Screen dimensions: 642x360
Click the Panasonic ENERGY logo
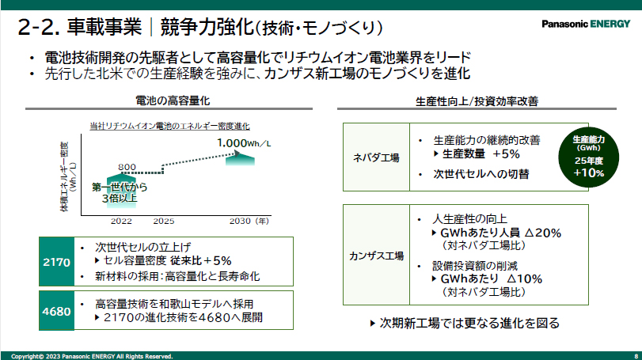(586, 25)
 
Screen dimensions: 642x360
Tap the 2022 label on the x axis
(121, 222)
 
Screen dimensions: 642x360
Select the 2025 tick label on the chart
(164, 222)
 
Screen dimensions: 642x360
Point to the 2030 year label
(240, 222)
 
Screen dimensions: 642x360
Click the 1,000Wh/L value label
(244, 143)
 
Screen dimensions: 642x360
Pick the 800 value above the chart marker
(127, 167)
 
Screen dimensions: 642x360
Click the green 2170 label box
(56, 261)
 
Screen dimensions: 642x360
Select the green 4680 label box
(56, 310)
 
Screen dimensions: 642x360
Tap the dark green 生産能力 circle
(588, 157)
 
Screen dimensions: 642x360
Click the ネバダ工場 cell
(376, 157)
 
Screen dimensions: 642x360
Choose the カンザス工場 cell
(376, 255)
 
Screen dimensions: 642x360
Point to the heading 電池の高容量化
(173, 100)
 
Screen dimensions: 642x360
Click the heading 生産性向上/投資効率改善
(477, 101)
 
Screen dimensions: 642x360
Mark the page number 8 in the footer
(636, 356)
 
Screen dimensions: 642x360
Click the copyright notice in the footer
(92, 356)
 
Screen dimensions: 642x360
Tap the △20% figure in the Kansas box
(542, 233)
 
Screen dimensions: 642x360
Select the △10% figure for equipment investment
(525, 279)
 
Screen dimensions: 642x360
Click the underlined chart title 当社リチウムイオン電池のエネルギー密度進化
(169, 126)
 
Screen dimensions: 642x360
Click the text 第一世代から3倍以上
(120, 193)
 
